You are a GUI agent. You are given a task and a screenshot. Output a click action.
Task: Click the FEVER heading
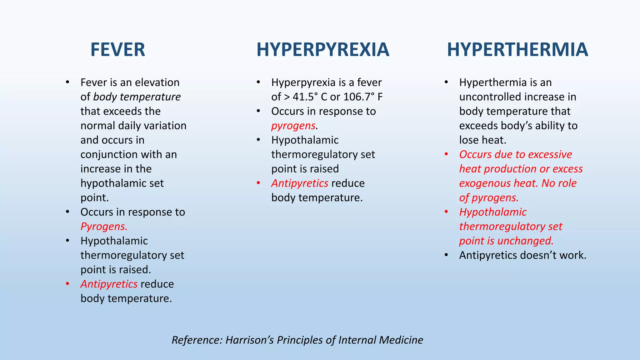pos(118,50)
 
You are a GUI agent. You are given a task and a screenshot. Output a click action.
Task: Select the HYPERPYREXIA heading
pos(323,50)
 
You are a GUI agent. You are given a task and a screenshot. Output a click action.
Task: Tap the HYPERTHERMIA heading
pos(517,50)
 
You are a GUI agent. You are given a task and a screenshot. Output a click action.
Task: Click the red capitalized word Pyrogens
pos(104,226)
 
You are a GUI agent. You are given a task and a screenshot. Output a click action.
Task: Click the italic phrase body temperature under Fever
pos(137,97)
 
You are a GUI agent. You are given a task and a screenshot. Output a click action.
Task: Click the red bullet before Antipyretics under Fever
pos(67,284)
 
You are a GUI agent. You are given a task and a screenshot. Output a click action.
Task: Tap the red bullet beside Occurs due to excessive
pos(446,154)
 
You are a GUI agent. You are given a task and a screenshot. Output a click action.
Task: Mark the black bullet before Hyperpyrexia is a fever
pos(258,82)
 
